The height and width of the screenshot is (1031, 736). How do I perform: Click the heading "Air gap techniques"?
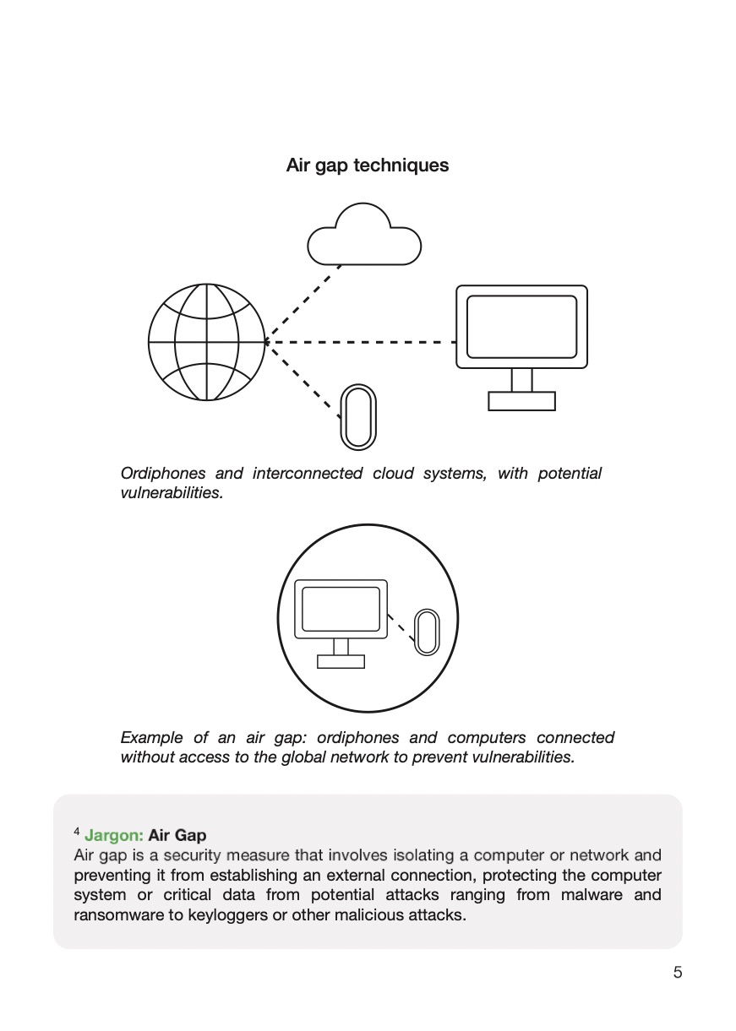(368, 166)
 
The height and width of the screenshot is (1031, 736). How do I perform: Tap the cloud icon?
(364, 237)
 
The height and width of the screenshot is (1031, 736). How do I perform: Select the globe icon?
(206, 341)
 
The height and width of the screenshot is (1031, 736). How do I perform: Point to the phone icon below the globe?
(357, 417)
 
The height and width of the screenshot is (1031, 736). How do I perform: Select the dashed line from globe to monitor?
(363, 342)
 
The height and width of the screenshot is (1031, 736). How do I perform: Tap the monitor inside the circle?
(341, 609)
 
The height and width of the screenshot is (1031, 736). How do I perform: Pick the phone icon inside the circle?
(427, 632)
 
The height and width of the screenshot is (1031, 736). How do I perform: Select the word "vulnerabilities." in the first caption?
(172, 493)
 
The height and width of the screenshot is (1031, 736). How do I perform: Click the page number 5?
(678, 973)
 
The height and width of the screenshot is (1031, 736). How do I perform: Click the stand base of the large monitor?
(521, 401)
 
